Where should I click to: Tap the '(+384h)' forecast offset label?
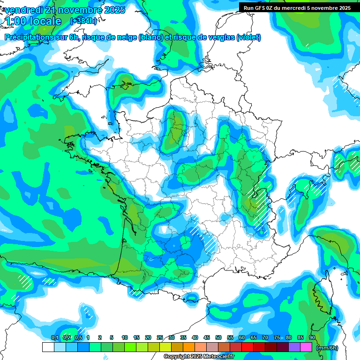pos(83,21)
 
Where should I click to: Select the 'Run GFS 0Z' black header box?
pos(297,7)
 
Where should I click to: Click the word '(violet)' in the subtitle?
pos(248,37)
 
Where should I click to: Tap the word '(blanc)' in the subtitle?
pos(150,37)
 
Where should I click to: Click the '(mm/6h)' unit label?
pos(327,347)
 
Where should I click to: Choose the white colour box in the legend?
pos(48,347)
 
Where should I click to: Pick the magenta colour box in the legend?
pos(306,347)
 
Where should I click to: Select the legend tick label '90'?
pos(312,338)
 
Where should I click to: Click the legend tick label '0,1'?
pos(54,338)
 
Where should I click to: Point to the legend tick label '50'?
pos(218,338)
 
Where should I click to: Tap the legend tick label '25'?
pos(160,338)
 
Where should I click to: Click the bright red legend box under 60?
pos(247,347)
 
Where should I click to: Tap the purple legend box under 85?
pos(294,347)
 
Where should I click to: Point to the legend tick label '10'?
pos(125,338)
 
